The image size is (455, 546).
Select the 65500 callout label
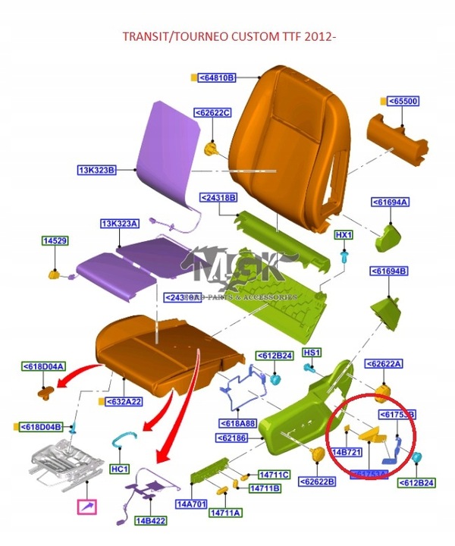point(403,101)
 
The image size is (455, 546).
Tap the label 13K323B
point(96,169)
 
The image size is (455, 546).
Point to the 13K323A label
point(120,223)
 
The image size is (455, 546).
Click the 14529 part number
point(55,240)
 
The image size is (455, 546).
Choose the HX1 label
point(344,235)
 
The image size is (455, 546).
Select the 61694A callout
point(390,202)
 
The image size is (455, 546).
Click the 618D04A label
point(44,366)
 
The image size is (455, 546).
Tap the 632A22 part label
point(124,401)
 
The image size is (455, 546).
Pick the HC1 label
point(121,469)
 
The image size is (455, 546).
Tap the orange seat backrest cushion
point(281,144)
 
